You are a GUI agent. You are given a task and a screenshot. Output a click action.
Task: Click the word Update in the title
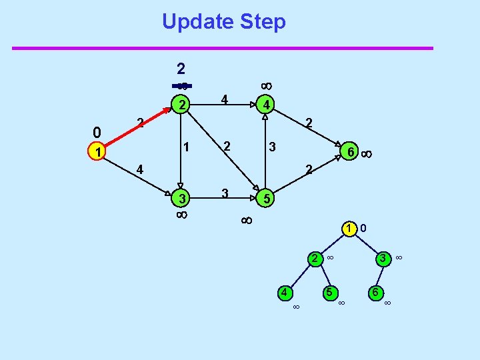tap(194, 22)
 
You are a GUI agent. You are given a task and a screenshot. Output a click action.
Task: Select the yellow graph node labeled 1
tap(98, 153)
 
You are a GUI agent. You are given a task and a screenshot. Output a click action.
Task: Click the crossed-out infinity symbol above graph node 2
tap(182, 85)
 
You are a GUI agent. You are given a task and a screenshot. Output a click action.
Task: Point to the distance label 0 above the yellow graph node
tap(97, 131)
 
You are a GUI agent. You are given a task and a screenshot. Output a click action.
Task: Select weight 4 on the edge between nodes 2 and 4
tap(225, 100)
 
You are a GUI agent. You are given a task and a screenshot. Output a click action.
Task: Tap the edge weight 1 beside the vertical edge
tap(187, 146)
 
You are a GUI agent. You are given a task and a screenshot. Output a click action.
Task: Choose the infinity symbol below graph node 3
tap(181, 215)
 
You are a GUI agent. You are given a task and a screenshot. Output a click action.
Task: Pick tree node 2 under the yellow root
tap(313, 257)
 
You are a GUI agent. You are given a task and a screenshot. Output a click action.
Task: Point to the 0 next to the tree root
tap(363, 229)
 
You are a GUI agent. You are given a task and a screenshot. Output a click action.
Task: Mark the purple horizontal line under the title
tap(223, 48)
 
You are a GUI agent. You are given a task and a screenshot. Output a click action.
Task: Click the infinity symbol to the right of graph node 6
tap(367, 154)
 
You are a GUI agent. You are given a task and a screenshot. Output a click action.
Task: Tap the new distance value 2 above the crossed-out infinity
tap(181, 68)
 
